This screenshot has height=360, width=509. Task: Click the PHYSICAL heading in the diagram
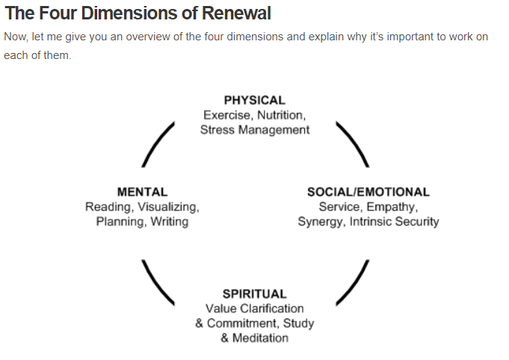[254, 100]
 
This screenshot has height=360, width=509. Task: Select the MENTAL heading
[142, 192]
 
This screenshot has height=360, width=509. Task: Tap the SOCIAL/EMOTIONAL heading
[368, 192]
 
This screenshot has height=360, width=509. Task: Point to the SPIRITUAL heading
[254, 294]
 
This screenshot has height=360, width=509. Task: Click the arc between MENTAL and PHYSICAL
[158, 145]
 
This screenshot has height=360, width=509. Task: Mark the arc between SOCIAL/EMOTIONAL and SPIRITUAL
[352, 282]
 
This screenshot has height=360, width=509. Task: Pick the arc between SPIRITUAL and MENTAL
[158, 282]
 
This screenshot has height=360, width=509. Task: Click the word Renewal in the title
[232, 13]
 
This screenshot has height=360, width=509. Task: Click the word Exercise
[227, 115]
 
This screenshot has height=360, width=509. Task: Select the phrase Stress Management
[254, 129]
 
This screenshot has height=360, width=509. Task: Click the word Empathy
[393, 207]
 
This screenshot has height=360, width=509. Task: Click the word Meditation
[260, 338]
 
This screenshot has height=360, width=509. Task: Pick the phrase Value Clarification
[254, 308]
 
